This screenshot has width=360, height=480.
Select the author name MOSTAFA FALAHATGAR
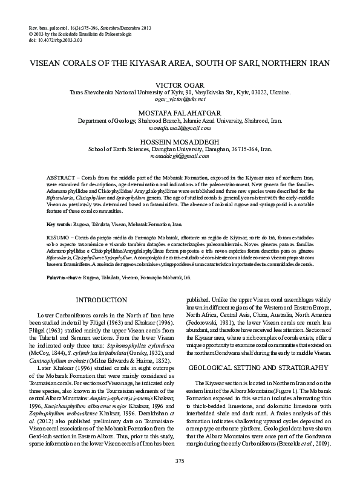180,113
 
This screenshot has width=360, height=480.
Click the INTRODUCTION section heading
101,300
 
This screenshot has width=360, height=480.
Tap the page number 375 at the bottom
180,462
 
